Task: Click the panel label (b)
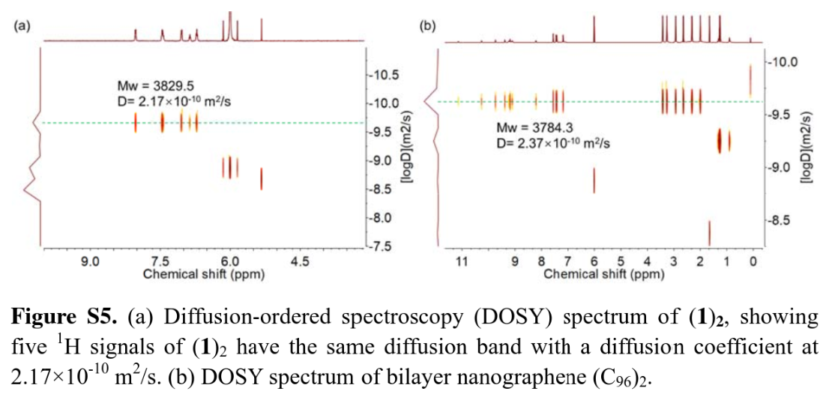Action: tap(427, 25)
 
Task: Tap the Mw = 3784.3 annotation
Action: tap(530, 129)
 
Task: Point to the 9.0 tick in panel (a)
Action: tap(90, 261)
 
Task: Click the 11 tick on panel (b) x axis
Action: tap(462, 261)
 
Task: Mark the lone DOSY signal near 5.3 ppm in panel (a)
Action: tap(262, 179)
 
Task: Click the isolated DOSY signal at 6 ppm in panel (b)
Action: tap(594, 180)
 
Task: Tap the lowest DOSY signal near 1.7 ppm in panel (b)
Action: tap(709, 232)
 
